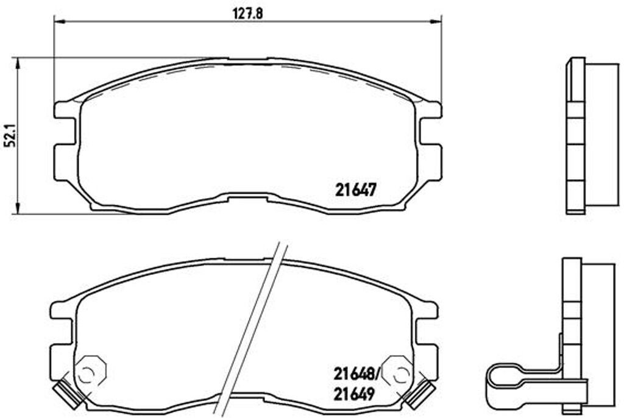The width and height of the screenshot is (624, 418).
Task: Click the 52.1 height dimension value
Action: (9, 136)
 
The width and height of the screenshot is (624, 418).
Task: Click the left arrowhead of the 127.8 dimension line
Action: (59, 21)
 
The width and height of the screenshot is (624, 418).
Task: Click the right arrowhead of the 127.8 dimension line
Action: (437, 21)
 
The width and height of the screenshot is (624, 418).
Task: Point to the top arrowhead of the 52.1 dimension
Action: (18, 62)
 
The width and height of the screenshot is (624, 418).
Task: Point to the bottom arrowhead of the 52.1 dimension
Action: (18, 210)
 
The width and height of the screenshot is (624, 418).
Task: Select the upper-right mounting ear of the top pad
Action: (431, 110)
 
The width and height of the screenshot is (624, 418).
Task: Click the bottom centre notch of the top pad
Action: (248, 197)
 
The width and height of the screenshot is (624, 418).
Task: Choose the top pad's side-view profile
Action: (576, 136)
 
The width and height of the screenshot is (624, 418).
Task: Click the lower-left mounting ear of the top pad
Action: (64, 161)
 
